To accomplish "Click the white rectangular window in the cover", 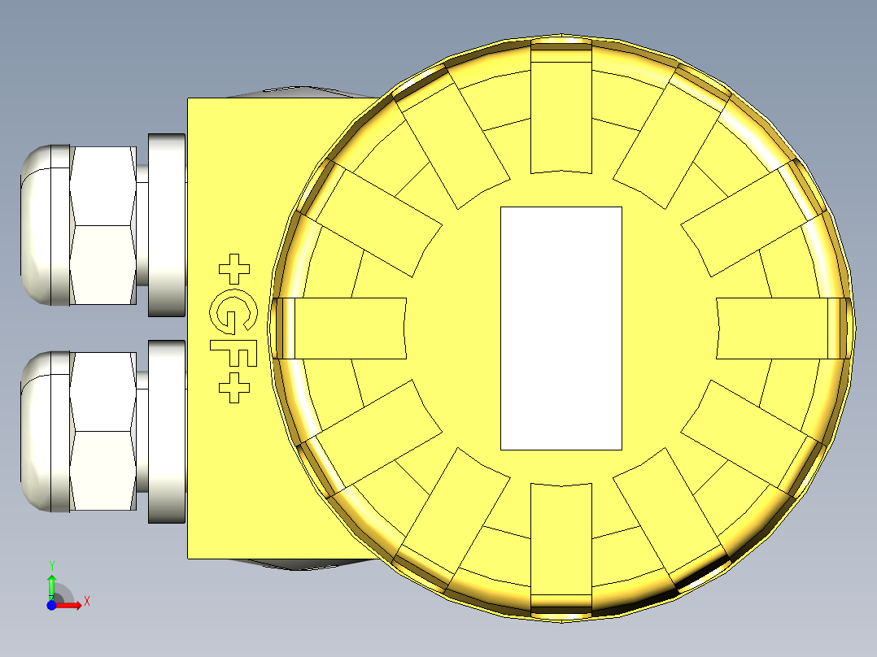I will (x=561, y=328).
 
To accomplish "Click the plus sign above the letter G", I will (x=235, y=268).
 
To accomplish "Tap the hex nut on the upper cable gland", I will (x=103, y=225).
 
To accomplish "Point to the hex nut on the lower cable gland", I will (x=103, y=432).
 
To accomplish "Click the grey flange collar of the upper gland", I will (x=168, y=225).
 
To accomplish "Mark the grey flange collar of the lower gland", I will (x=168, y=432).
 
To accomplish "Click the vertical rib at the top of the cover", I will (x=561, y=110).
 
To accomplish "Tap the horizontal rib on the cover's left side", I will (x=346, y=328).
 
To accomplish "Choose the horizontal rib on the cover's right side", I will (x=777, y=328).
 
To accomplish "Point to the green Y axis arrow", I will (x=51, y=584).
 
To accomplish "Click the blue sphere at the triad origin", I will (x=51, y=606).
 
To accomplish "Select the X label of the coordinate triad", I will (x=87, y=602).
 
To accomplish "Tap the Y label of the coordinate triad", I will (x=52, y=564).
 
